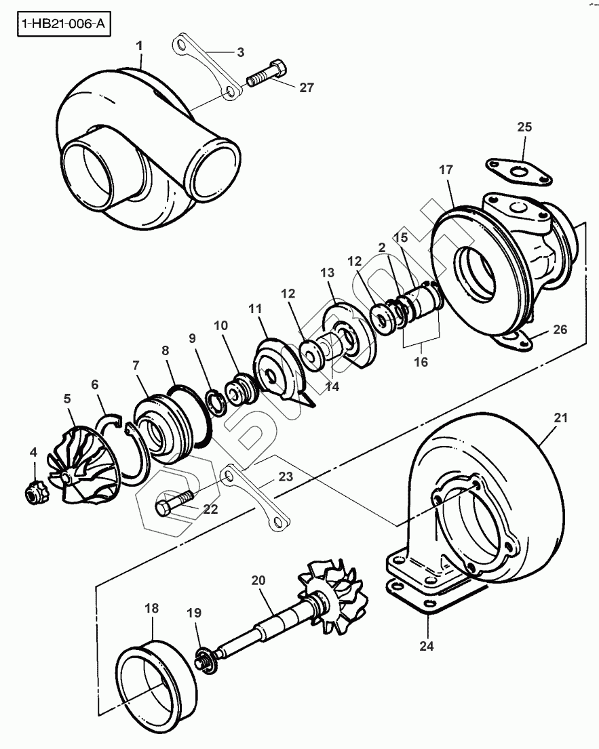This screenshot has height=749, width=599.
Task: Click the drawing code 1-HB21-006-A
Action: click(62, 24)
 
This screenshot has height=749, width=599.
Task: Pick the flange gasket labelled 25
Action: click(519, 171)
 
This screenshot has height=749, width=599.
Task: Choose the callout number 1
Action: click(140, 45)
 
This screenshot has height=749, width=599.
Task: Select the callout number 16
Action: click(421, 361)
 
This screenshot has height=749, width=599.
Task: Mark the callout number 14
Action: click(330, 388)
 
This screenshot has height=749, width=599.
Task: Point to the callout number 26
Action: click(560, 330)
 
